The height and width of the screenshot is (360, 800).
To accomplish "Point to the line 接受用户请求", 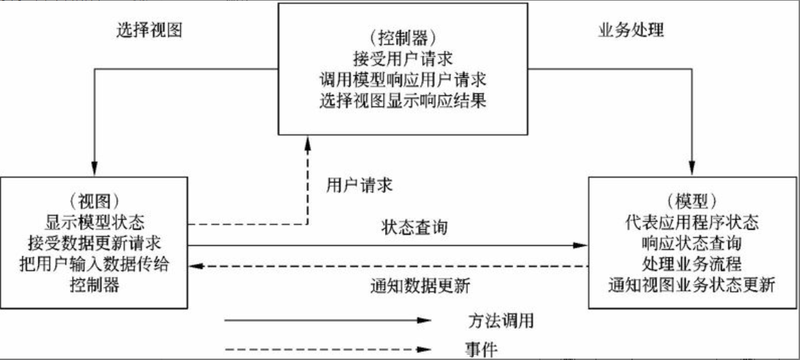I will coord(400,57).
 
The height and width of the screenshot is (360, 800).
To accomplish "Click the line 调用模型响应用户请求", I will coord(400,79).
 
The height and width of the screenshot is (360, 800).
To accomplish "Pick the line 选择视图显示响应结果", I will coord(400,100).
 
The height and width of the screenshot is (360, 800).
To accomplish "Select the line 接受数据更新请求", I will coord(96,244).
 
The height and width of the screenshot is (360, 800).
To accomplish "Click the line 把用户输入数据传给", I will coord(96,265).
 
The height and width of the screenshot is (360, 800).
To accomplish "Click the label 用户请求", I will coord(360,185).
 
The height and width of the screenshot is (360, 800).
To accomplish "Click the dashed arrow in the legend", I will coord(327,347).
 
